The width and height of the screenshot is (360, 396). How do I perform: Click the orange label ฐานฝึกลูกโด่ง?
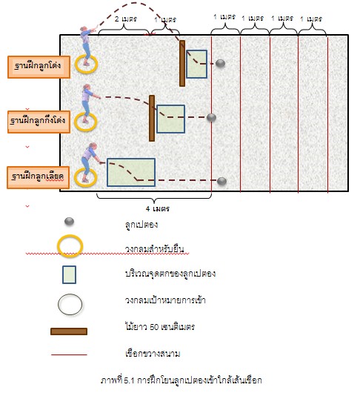[39, 67]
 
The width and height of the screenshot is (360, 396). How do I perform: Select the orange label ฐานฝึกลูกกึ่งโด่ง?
[39, 122]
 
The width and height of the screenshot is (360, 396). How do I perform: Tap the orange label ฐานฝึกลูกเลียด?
[38, 177]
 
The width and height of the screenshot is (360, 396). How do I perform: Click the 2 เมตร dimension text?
[126, 19]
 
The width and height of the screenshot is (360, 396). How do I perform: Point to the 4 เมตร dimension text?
[158, 209]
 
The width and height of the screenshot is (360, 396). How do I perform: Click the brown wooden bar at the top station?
[182, 63]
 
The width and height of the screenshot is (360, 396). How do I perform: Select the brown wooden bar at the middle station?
[152, 118]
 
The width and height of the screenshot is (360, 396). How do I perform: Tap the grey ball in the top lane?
[220, 63]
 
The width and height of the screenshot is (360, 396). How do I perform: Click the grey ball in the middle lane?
[211, 117]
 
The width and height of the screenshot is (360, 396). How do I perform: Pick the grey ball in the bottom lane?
[221, 181]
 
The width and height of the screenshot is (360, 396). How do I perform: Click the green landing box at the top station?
[197, 65]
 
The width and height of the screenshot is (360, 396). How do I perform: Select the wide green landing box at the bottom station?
[131, 173]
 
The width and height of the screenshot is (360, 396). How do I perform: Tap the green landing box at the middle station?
[171, 119]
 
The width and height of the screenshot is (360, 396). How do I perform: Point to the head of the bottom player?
[93, 146]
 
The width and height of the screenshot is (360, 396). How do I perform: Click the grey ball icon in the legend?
[69, 222]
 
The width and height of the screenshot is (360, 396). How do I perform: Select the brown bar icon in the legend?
[69, 331]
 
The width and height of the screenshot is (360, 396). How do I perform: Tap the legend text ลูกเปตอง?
[141, 224]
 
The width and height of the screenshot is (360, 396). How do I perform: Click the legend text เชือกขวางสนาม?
[153, 353]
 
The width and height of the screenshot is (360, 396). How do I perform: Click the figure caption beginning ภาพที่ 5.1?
[181, 380]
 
